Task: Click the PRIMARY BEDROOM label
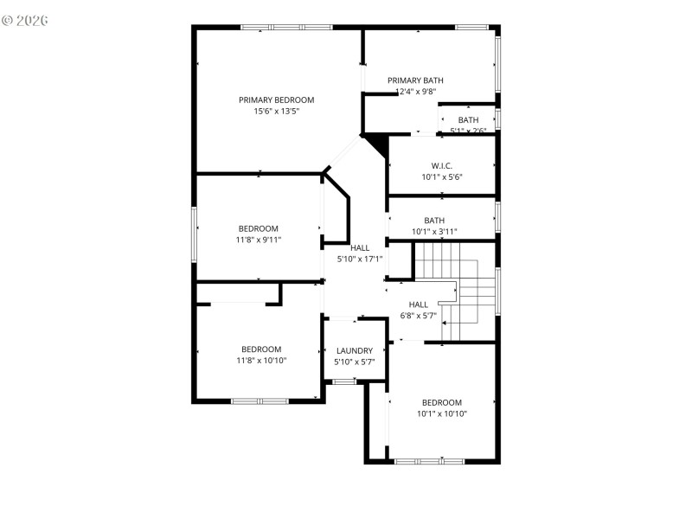pos(277,100)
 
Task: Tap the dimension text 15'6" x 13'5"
pos(277,112)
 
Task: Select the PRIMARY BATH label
pos(415,80)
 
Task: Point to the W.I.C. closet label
pos(441,166)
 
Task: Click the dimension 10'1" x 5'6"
pos(441,177)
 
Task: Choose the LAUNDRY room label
pos(355,350)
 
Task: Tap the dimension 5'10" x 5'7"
pos(355,362)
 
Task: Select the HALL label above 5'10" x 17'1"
pos(359,248)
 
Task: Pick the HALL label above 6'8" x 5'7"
pos(419,304)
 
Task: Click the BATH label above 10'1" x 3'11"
pos(434,221)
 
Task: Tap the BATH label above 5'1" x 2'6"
pos(468,120)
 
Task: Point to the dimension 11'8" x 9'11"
pos(259,240)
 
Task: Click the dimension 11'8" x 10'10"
pos(261,361)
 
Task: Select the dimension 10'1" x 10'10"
pos(442,413)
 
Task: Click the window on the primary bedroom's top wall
pos(286,28)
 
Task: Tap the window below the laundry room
pos(344,381)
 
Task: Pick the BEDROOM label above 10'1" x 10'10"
pos(442,402)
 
